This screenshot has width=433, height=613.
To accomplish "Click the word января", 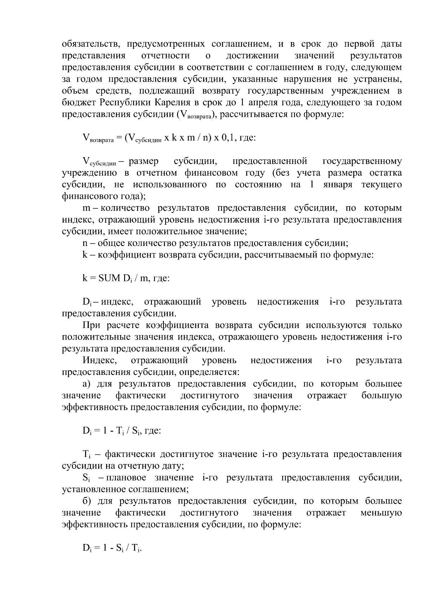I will coord(338,185).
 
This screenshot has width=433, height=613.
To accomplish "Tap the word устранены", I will coord(378,79).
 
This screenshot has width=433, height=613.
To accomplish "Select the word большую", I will coord(381,396).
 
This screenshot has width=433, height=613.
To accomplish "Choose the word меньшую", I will coord(381,513).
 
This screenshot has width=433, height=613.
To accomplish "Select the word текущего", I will coord(381,185).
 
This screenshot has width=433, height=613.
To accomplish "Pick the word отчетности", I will coord(165,56).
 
